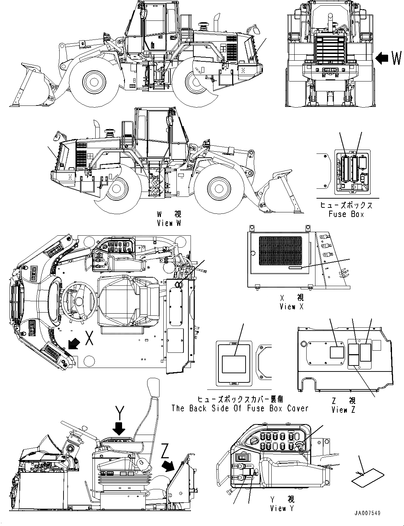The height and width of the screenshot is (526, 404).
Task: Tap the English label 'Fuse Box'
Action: tap(346, 214)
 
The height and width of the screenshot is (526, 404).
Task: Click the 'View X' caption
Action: tap(291, 307)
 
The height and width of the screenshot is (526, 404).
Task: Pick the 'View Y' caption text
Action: tap(282, 508)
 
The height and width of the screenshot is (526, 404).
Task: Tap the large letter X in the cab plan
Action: tap(90, 339)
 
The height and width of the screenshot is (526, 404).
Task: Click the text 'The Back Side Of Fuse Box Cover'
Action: tap(240, 408)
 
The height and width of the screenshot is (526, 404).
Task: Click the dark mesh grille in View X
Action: tap(281, 251)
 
